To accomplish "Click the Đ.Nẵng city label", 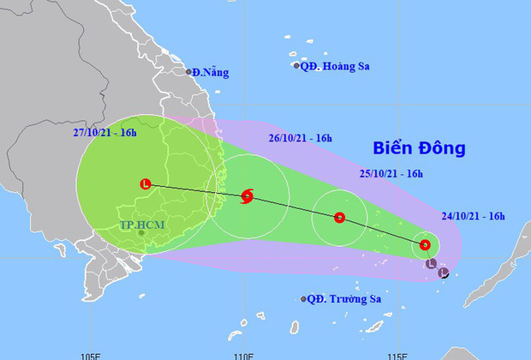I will tap(212, 73).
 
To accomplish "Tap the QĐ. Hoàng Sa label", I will tap(333, 65).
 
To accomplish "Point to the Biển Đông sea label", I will tap(419, 148).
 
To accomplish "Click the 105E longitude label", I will tap(91, 353).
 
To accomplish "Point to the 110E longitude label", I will tap(244, 353).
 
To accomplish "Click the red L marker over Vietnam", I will tap(146, 183).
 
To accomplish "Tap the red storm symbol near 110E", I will tap(247, 196).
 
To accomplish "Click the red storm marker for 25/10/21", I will tap(340, 218).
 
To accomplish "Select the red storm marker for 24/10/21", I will tap(425, 246).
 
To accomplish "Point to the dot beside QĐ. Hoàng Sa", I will tap(297, 66).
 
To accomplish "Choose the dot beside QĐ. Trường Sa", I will tap(304, 299).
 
